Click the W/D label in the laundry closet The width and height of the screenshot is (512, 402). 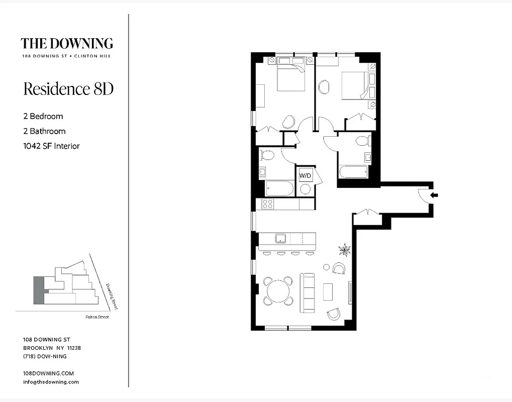click(x=304, y=176)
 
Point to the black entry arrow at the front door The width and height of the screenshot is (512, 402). click(x=434, y=195)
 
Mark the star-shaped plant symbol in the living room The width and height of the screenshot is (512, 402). click(x=345, y=248)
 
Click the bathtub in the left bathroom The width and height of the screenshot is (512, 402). click(x=279, y=188)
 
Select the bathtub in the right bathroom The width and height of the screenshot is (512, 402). click(x=353, y=172)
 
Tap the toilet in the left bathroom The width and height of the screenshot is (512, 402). click(x=267, y=155)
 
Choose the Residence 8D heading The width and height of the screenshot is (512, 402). click(x=68, y=89)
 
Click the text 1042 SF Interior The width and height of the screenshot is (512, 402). click(x=52, y=146)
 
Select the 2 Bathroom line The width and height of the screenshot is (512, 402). click(x=44, y=131)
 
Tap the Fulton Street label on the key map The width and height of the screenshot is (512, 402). click(x=97, y=317)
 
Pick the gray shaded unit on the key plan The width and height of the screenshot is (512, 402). click(x=39, y=290)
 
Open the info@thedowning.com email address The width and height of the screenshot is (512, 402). click(x=51, y=382)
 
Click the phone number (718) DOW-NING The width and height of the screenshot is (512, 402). click(x=45, y=356)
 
